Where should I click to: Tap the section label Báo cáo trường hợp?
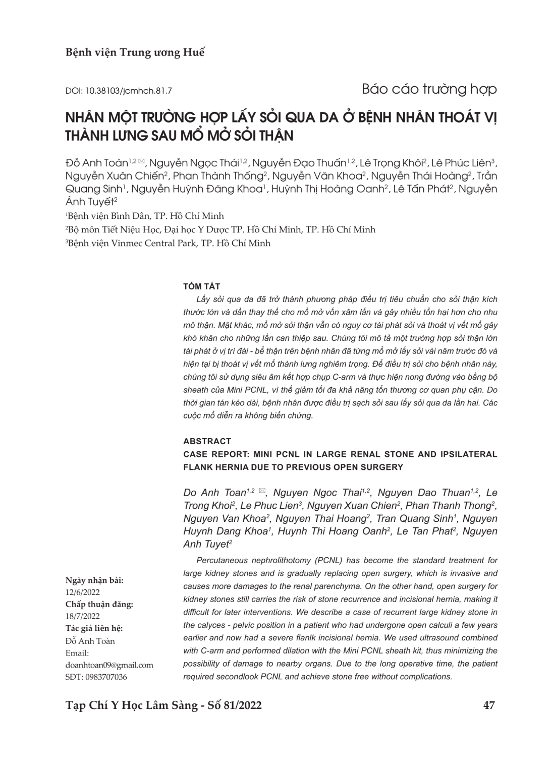429,89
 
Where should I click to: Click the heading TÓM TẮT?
202,286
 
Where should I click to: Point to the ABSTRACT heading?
207,441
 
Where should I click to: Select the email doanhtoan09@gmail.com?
109,665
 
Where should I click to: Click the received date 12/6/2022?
83,592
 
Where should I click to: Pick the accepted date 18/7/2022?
83,616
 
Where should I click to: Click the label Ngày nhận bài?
94,580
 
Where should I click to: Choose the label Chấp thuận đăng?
99,604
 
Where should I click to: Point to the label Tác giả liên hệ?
94,628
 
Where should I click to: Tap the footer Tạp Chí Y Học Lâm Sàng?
131,705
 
